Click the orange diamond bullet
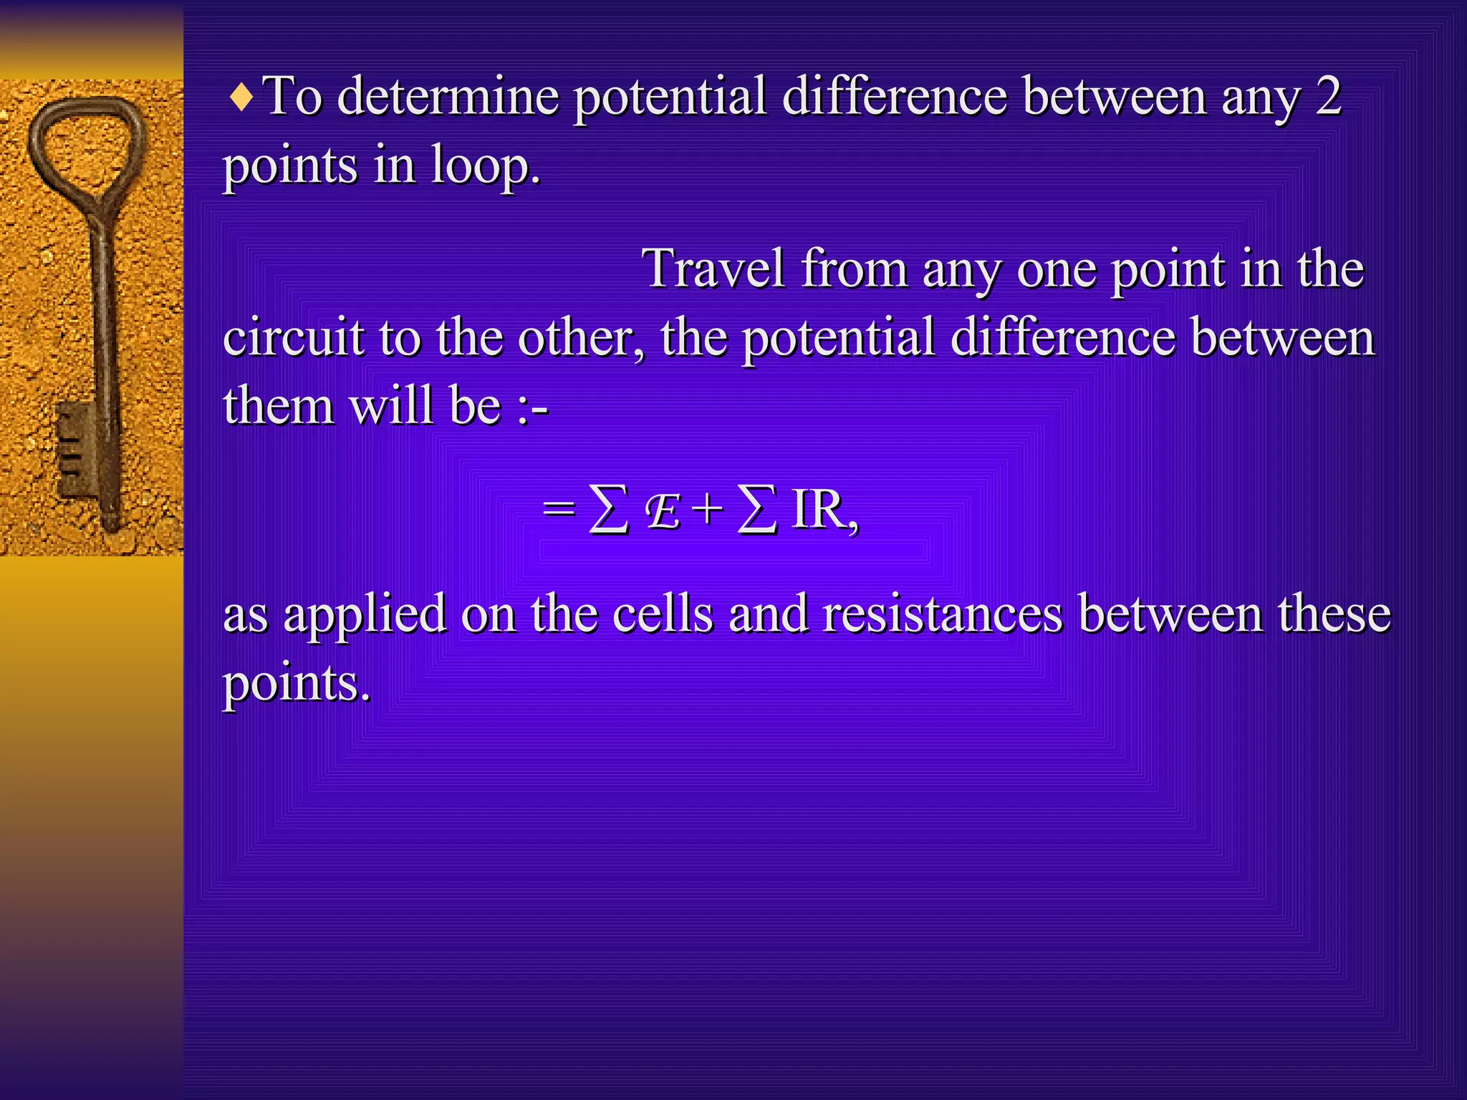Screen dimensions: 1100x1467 [242, 98]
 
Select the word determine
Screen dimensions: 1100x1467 [448, 97]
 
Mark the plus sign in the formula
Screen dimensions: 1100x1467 [708, 511]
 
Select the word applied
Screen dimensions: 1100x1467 [365, 615]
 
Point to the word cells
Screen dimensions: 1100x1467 [663, 614]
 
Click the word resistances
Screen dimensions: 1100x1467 [943, 614]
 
